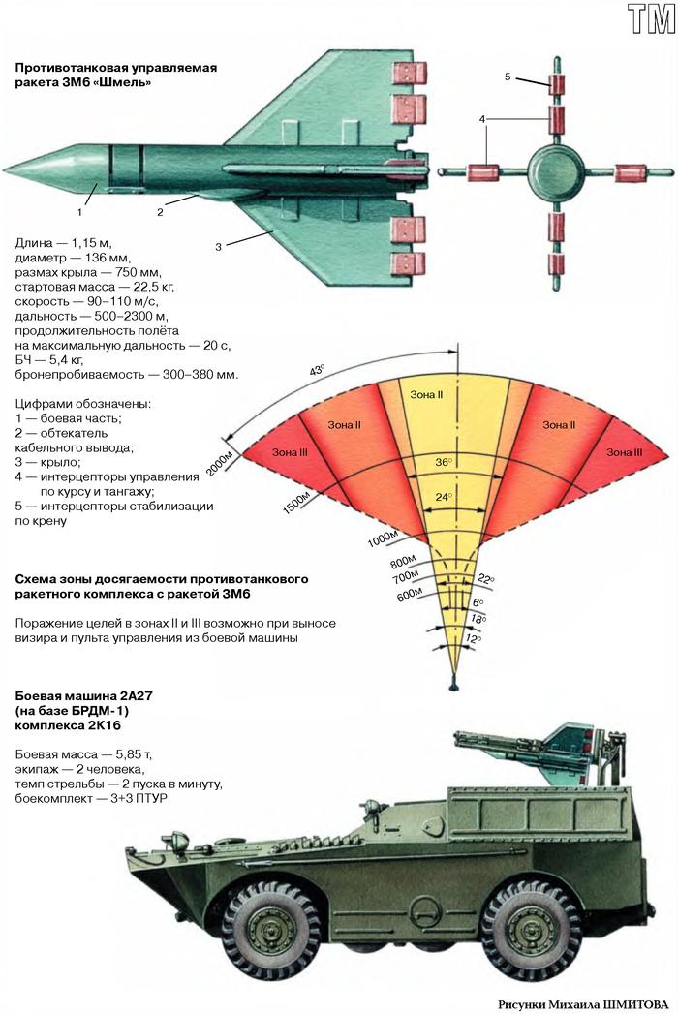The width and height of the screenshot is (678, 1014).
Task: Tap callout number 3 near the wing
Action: [x=219, y=247]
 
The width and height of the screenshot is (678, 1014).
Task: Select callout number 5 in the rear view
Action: [x=508, y=76]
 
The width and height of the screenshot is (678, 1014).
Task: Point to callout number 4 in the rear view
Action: [x=481, y=118]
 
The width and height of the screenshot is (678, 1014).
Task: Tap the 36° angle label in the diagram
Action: [x=444, y=463]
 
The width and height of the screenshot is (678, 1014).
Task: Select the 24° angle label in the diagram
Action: [x=444, y=497]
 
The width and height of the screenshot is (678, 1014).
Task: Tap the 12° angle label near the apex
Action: [x=473, y=639]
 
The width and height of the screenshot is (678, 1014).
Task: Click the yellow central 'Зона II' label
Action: [x=427, y=395]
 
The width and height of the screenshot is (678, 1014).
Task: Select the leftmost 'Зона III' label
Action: [x=288, y=452]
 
